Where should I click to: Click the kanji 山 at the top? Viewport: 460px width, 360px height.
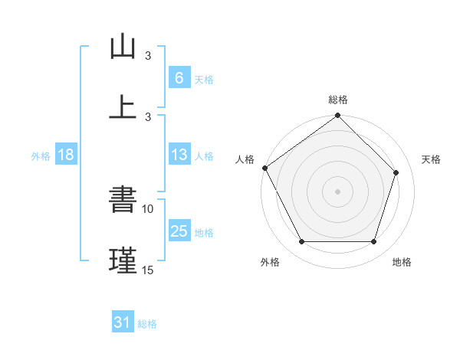(123, 47)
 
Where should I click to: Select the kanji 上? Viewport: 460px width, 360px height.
(123, 106)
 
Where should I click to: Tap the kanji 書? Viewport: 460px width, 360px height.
(123, 201)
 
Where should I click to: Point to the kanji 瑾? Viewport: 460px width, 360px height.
(123, 260)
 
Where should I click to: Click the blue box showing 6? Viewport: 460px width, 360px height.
(179, 78)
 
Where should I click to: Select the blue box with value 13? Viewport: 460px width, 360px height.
(179, 155)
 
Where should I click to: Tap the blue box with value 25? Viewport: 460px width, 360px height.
(179, 232)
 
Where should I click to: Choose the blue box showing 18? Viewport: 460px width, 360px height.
(66, 155)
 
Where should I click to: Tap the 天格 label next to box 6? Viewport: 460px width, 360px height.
(204, 79)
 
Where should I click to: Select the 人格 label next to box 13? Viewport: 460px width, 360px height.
(204, 156)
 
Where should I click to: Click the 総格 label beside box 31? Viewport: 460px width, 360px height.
(147, 324)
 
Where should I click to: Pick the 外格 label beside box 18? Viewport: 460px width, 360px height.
(41, 156)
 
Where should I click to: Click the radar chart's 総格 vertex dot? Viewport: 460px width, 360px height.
(337, 116)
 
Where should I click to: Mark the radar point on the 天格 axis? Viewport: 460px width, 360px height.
(396, 172)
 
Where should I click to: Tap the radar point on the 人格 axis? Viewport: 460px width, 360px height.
(265, 168)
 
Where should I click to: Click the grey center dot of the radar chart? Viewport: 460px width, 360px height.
(337, 191)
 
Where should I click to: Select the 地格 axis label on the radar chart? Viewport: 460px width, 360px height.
(402, 263)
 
